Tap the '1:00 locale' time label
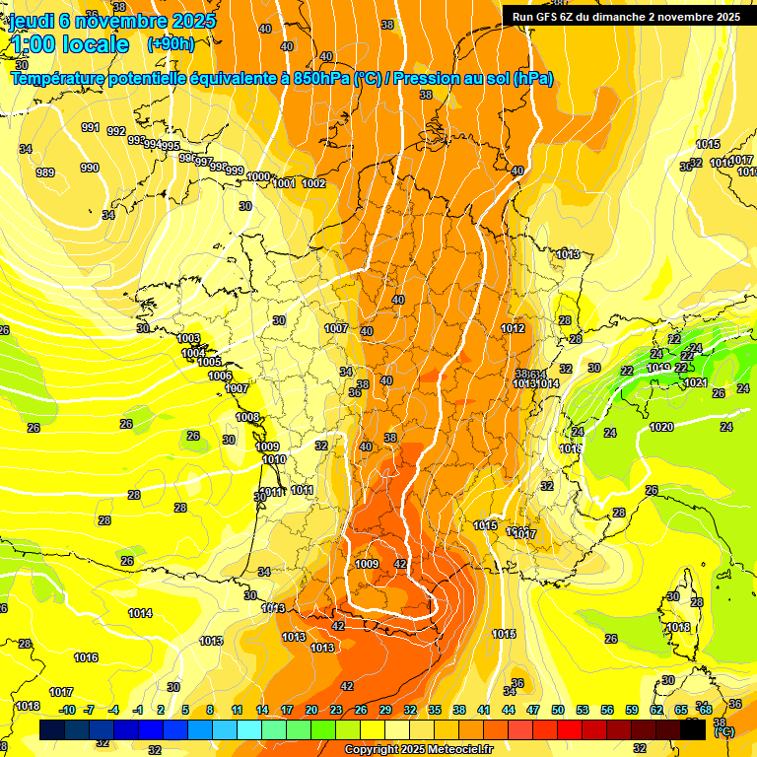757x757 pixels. pyautogui.click(x=71, y=44)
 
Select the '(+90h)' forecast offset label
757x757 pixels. pyautogui.click(x=171, y=44)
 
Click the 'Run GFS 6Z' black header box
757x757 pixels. pyautogui.click(x=626, y=16)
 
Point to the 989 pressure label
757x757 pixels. pyautogui.click(x=45, y=172)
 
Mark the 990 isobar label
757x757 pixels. pyautogui.click(x=90, y=168)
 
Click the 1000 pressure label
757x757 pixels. pyautogui.click(x=258, y=176)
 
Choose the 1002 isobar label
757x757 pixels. pyautogui.click(x=313, y=183)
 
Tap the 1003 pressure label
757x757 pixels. pyautogui.click(x=189, y=338)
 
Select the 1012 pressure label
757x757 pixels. pyautogui.click(x=513, y=328)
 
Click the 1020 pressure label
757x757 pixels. pyautogui.click(x=661, y=427)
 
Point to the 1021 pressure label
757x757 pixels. pyautogui.click(x=695, y=382)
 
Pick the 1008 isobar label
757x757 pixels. pyautogui.click(x=247, y=417)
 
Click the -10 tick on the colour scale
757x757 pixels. pyautogui.click(x=67, y=710)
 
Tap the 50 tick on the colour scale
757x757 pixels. pyautogui.click(x=558, y=710)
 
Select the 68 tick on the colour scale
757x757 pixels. pyautogui.click(x=705, y=710)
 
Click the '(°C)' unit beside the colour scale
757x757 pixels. pyautogui.click(x=724, y=732)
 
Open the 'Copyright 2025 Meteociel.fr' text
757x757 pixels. pyautogui.click(x=418, y=749)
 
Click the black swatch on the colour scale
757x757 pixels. pyautogui.click(x=693, y=729)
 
